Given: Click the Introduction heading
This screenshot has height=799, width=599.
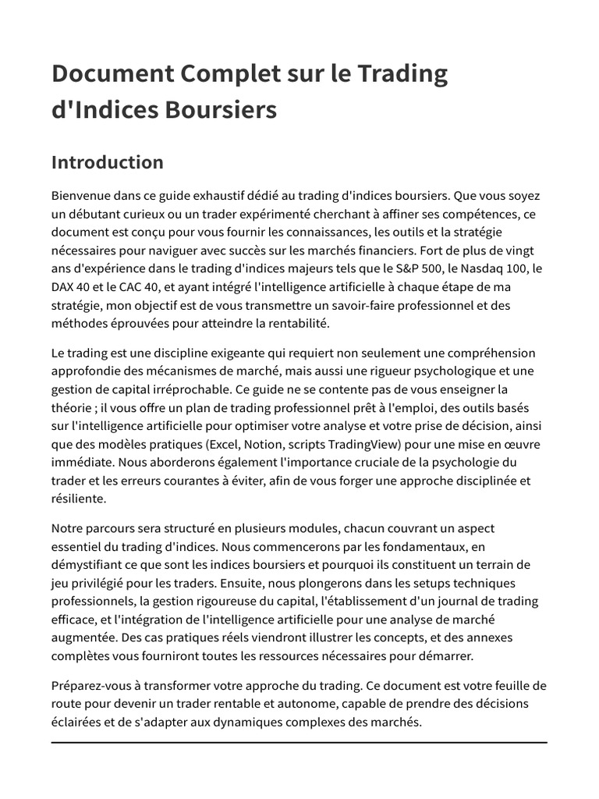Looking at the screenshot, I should (x=108, y=162).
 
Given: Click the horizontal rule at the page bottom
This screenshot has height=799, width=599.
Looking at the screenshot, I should (x=299, y=742).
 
